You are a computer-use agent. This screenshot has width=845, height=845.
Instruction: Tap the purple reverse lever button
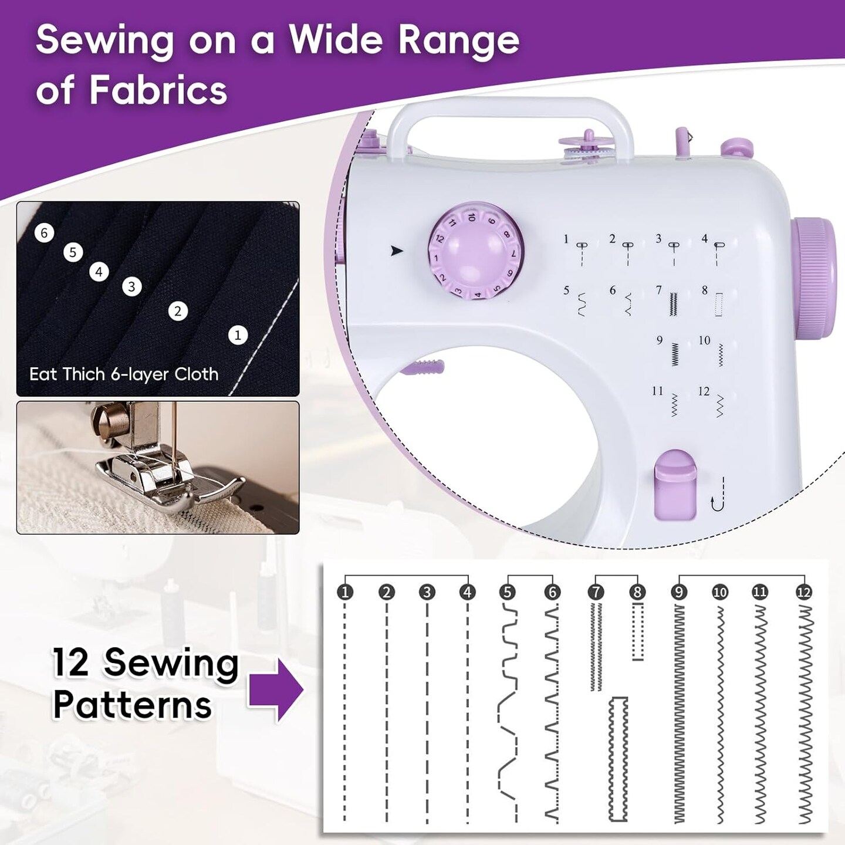pos(675,485)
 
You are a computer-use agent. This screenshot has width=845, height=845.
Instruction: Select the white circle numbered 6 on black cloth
pos(44,233)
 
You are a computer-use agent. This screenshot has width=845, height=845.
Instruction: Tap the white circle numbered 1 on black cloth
pos(238,335)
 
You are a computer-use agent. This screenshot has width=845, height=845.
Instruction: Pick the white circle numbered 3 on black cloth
pos(131,286)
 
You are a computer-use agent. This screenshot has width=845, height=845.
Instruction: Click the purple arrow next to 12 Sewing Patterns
pos(276,690)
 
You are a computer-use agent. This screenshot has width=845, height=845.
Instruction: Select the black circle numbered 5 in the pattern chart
pos(508,591)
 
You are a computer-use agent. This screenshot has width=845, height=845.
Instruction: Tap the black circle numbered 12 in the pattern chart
pos(803,591)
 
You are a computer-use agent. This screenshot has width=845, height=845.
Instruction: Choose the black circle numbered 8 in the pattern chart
pos(637,591)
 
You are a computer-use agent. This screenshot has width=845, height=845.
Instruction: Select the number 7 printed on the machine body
pos(658,290)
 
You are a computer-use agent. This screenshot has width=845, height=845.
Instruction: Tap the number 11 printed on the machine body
pos(657,391)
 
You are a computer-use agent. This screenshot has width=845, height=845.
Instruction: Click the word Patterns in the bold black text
pos(133,705)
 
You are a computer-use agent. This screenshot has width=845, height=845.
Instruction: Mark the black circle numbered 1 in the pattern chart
pos(345,591)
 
